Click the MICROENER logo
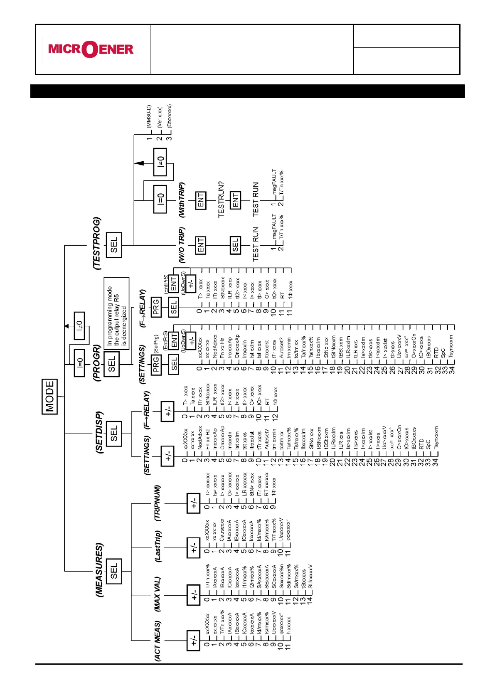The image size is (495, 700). (x=91, y=49)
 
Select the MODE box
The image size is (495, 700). (x=50, y=396)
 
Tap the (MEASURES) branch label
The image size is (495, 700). (x=99, y=570)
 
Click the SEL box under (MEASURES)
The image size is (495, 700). (x=114, y=571)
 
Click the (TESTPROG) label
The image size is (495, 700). (x=97, y=244)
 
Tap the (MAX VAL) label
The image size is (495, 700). (x=158, y=594)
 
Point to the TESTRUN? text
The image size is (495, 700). (x=221, y=199)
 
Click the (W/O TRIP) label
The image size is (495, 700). (x=182, y=245)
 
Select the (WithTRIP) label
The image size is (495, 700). (x=182, y=200)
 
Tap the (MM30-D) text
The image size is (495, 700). (x=149, y=116)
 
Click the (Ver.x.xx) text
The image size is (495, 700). (x=160, y=117)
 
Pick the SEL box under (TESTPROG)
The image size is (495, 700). (x=114, y=245)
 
